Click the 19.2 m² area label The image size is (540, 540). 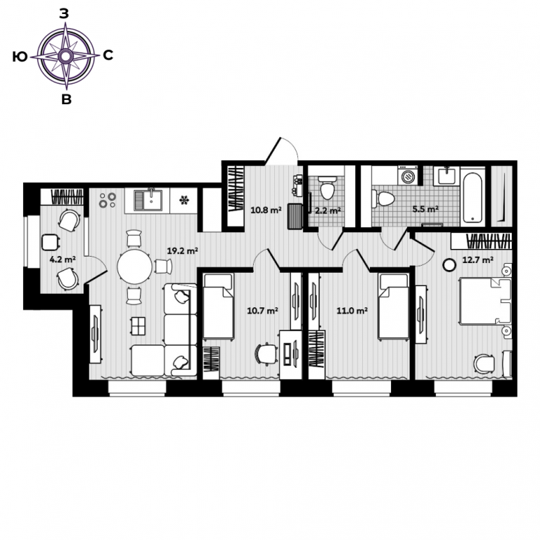182,251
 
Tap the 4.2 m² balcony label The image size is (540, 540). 63,259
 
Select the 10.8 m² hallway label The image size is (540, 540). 266,210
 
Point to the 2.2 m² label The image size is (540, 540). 328,210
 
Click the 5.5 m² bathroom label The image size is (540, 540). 425,209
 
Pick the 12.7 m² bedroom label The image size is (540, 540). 477,259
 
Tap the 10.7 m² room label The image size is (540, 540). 262,311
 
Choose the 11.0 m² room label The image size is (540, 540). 352,311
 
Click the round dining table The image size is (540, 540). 134,267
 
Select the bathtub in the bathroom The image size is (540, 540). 472,197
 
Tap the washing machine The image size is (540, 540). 408,175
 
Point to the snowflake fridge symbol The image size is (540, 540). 184,200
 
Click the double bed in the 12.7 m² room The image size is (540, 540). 484,302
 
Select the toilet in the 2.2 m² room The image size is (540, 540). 327,188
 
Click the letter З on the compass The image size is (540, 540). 65,13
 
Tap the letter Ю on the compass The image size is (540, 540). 20,56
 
